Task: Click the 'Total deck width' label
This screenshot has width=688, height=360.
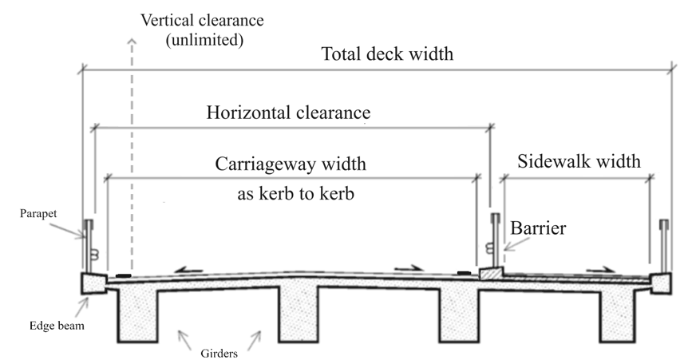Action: pos(387,55)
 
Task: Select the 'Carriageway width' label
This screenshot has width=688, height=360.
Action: pos(291,165)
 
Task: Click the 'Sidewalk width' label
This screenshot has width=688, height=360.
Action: pos(579,161)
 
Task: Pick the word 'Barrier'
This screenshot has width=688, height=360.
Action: pos(540,228)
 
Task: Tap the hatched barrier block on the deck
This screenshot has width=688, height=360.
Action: pos(491,273)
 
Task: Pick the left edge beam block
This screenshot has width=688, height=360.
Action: pos(93,283)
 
